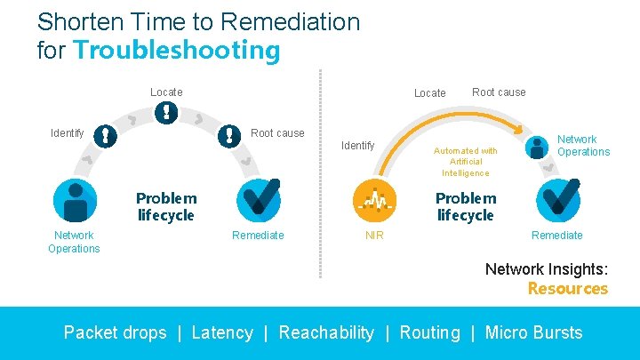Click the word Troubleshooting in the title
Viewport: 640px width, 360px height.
click(177, 49)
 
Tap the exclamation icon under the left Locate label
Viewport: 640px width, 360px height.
click(166, 112)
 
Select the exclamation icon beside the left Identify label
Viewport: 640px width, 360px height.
click(106, 135)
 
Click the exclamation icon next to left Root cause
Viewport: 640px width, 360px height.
click(230, 134)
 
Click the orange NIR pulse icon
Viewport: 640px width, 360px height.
click(374, 200)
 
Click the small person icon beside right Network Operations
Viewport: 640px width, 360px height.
click(538, 147)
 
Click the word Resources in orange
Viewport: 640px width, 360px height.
click(567, 288)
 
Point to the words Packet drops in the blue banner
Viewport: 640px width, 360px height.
click(115, 332)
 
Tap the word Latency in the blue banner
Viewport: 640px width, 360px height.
click(222, 332)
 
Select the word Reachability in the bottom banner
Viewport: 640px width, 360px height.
click(326, 332)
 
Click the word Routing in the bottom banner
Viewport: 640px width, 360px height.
click(429, 332)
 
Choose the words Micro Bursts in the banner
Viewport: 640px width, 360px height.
click(533, 332)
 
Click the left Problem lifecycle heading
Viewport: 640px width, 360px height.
click(166, 206)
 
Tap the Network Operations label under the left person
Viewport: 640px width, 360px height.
click(74, 242)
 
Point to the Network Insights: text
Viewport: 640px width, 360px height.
click(546, 268)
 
